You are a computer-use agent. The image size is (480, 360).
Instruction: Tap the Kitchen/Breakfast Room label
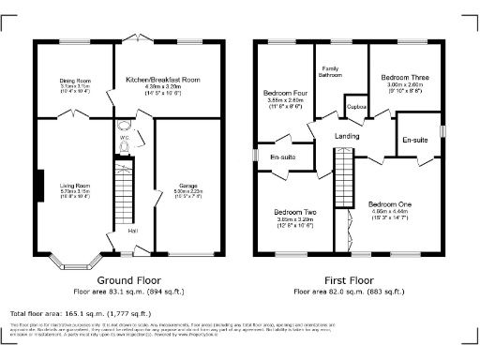click(x=163, y=81)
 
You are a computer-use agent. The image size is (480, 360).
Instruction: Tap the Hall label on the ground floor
click(x=132, y=231)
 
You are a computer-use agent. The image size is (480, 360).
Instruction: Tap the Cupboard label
click(x=356, y=107)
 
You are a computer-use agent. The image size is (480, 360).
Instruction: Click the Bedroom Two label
click(x=295, y=213)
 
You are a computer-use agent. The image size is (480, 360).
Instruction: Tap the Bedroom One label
click(x=390, y=204)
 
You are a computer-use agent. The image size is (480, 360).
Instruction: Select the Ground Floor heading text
click(x=128, y=279)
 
